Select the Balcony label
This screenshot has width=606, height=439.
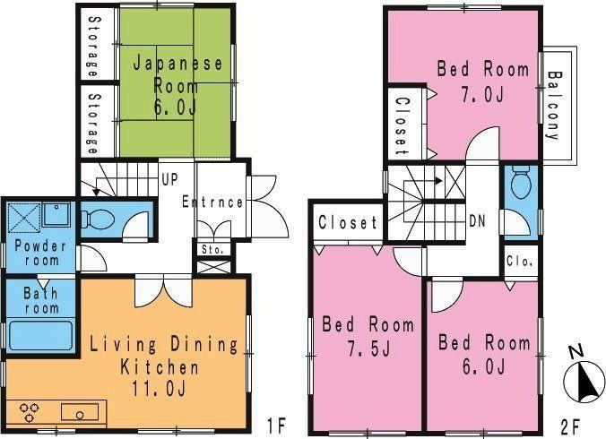point(554,105)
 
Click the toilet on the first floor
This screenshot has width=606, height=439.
point(99,220)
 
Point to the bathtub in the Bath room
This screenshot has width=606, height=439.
point(41,335)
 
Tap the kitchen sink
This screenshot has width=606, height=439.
point(80,412)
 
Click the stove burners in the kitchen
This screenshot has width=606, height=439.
point(30,412)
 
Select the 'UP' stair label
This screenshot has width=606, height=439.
point(169,179)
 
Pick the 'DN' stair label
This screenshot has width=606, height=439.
point(477,221)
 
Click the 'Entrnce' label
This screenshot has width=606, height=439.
point(212,202)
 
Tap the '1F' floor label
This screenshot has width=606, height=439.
point(276,425)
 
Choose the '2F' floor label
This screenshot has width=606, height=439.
point(570,426)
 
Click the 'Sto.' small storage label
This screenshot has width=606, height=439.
point(212,250)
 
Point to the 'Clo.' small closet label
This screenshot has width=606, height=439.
point(520,262)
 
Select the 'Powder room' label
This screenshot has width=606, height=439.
point(41,253)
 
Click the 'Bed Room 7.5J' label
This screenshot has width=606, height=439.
point(368,336)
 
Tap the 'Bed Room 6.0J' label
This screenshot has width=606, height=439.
point(484,355)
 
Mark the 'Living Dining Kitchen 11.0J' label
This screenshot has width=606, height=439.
point(163,366)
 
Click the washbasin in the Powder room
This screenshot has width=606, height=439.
point(56,214)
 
